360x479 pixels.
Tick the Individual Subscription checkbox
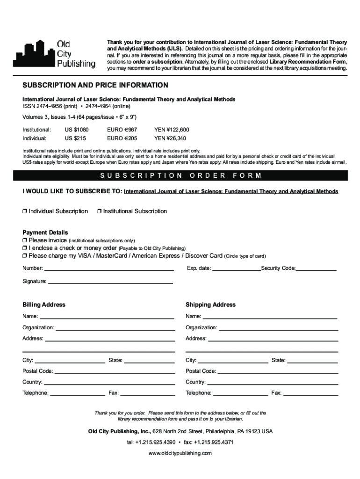tap(25, 211)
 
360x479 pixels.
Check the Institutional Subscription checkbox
tap(100, 211)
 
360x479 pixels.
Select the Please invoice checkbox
tap(25, 240)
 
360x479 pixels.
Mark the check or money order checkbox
tap(25, 248)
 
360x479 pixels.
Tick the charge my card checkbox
tap(25, 256)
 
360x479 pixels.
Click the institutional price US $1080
tap(76, 130)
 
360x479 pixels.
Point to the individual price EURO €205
tap(122, 138)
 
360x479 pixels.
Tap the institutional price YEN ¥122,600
tap(172, 130)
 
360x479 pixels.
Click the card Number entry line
tap(109, 270)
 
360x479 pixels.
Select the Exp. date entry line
tap(237, 270)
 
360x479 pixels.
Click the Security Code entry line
tap(317, 270)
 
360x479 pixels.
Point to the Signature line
tap(110, 283)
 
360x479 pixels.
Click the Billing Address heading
tap(44, 305)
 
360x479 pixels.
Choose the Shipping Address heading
tap(210, 305)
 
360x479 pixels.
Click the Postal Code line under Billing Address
tap(115, 373)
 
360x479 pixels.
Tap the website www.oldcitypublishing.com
tap(180, 454)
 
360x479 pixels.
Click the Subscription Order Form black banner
tap(180, 176)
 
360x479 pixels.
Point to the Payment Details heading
tap(45, 232)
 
